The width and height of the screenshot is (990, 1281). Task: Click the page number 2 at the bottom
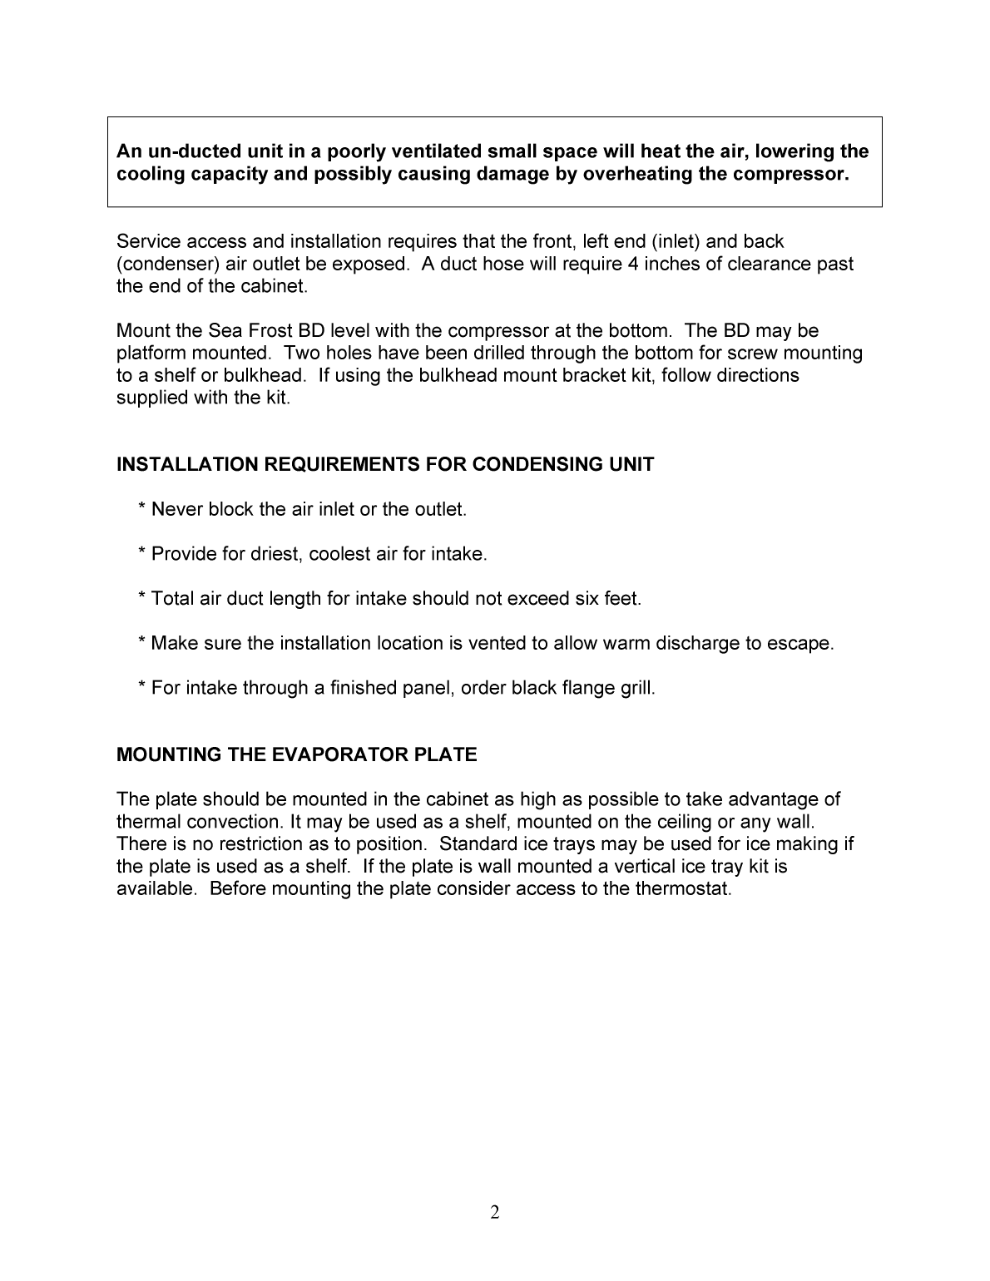(x=495, y=1213)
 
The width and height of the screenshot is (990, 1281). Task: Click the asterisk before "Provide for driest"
(x=143, y=554)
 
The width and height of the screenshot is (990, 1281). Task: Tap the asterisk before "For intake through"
(x=143, y=689)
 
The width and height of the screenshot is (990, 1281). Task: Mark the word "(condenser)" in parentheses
(x=169, y=265)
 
